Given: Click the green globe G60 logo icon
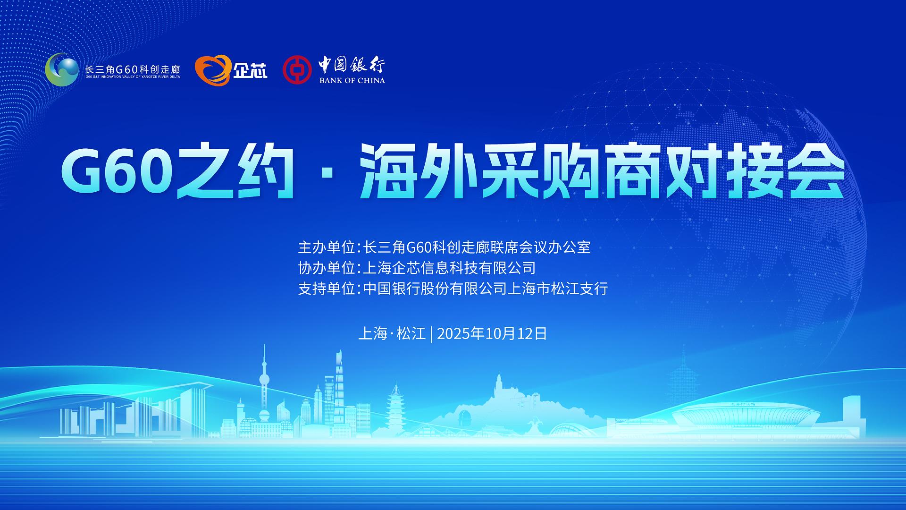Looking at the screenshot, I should point(62,69).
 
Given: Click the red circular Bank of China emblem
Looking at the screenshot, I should point(297,70).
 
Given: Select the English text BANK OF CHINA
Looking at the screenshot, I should point(352,80).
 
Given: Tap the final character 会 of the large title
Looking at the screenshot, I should point(813,174).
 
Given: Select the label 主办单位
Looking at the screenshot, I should point(327,247).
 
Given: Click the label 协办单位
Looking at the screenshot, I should point(327,268).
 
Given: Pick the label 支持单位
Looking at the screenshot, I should point(327,289).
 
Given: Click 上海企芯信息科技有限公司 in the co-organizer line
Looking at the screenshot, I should point(449,268).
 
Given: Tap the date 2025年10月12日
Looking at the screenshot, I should point(492,334).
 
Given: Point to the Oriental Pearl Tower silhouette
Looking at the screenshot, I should point(264,382).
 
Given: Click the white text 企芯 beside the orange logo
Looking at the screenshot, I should point(250,71).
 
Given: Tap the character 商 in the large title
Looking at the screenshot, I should point(632,174).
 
